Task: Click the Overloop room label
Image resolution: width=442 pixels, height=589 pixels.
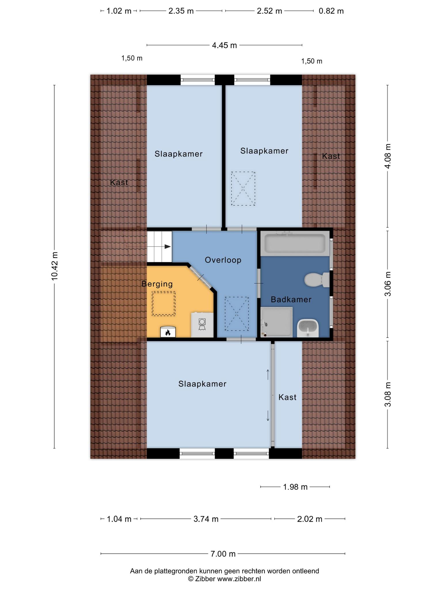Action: pyautogui.click(x=223, y=260)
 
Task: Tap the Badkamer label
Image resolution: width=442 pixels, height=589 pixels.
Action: pyautogui.click(x=291, y=299)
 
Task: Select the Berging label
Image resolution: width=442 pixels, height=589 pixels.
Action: pyautogui.click(x=157, y=284)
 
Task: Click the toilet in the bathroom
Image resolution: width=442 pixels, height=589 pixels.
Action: pyautogui.click(x=317, y=280)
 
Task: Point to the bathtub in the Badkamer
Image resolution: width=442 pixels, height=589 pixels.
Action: pyautogui.click(x=295, y=243)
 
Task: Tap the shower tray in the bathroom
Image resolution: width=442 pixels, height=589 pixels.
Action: pyautogui.click(x=277, y=322)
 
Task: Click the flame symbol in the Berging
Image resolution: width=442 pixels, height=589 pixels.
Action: pyautogui.click(x=168, y=332)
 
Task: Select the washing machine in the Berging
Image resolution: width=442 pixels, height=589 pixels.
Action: pyautogui.click(x=202, y=325)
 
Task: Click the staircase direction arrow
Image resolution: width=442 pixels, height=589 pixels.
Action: pyautogui.click(x=167, y=246)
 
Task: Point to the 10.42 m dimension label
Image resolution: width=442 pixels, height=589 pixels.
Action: pyautogui.click(x=54, y=266)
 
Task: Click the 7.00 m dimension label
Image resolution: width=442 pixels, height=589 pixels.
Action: pyautogui.click(x=223, y=554)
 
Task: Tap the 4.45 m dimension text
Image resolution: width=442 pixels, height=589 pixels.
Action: pyautogui.click(x=224, y=45)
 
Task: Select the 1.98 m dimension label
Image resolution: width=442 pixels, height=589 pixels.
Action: pyautogui.click(x=295, y=487)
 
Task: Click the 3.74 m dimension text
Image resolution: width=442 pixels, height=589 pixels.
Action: pyautogui.click(x=206, y=519)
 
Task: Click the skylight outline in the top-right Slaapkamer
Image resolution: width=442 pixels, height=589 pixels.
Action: pyautogui.click(x=243, y=189)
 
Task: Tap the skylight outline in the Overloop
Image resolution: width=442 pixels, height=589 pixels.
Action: pyautogui.click(x=237, y=314)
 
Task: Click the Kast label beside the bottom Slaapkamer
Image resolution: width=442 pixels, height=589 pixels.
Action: pyautogui.click(x=287, y=397)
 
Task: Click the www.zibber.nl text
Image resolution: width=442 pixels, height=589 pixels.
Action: pyautogui.click(x=239, y=579)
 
